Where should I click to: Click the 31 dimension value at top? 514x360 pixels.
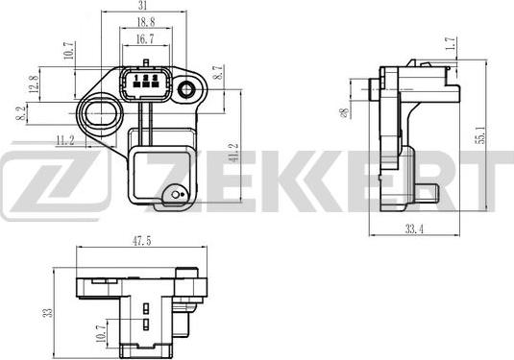point(142,6)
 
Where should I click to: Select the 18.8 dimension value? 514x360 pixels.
point(145,22)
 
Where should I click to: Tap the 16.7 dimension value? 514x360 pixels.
point(145,39)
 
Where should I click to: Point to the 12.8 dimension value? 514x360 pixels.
point(34,84)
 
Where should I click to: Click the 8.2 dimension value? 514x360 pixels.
point(21,113)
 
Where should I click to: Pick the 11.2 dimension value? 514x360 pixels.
point(65,140)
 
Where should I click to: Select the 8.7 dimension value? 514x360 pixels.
point(218,72)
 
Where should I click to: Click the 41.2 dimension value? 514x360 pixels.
point(233,154)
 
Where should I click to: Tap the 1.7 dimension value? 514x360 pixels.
point(451,43)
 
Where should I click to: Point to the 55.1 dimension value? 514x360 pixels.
point(481,134)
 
